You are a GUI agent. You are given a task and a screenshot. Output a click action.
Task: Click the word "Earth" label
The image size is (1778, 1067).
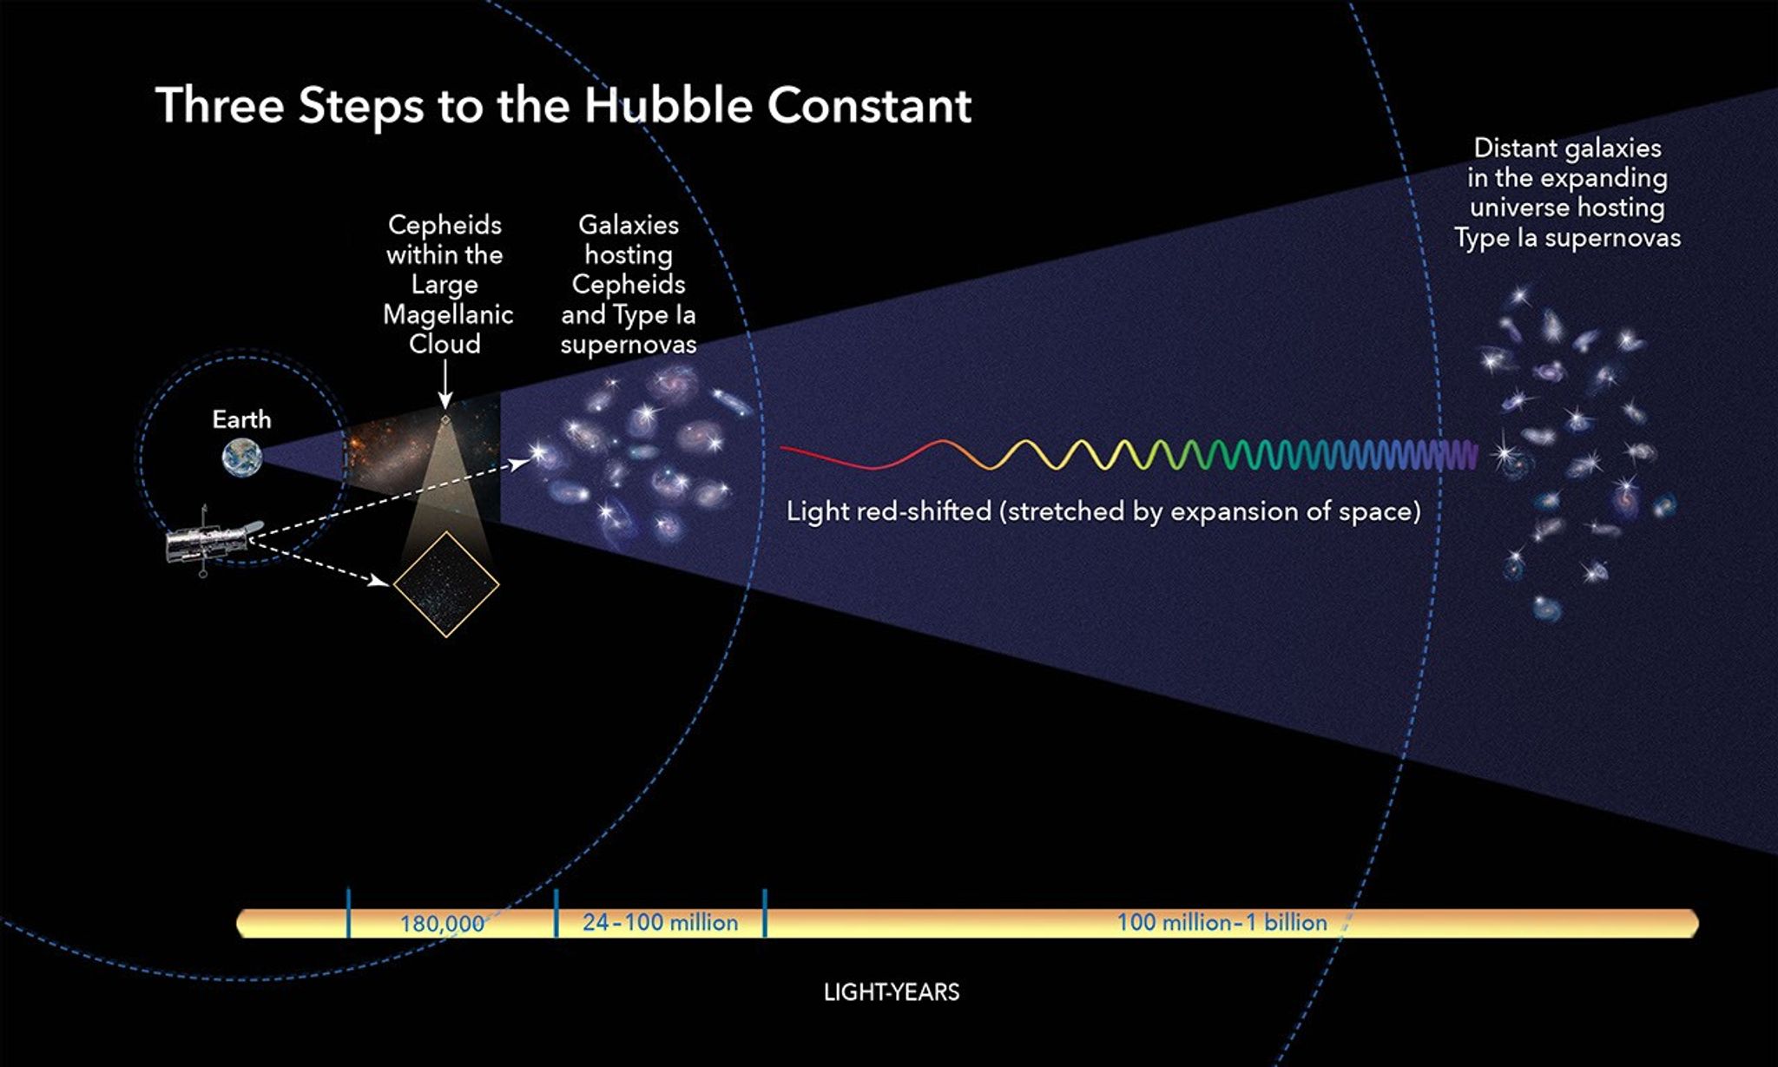[x=241, y=419]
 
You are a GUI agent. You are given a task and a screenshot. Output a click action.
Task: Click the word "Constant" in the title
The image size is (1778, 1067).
[x=869, y=106]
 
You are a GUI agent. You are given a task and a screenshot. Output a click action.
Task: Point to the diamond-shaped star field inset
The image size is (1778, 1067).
[x=446, y=584]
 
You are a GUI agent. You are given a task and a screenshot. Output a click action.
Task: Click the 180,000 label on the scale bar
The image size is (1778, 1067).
[x=442, y=923]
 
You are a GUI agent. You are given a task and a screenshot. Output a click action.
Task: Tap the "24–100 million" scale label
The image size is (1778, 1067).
[x=660, y=922]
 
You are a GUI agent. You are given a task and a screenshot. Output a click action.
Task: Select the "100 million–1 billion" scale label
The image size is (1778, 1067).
[x=1222, y=922]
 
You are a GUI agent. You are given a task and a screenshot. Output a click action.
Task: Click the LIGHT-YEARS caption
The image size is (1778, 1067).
[x=892, y=992]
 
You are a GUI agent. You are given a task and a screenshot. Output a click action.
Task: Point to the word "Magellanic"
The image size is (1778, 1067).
[x=448, y=314]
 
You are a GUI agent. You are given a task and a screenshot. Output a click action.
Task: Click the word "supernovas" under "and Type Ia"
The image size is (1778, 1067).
[x=629, y=345]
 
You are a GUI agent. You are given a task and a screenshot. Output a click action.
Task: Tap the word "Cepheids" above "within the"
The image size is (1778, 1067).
[x=444, y=225]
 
